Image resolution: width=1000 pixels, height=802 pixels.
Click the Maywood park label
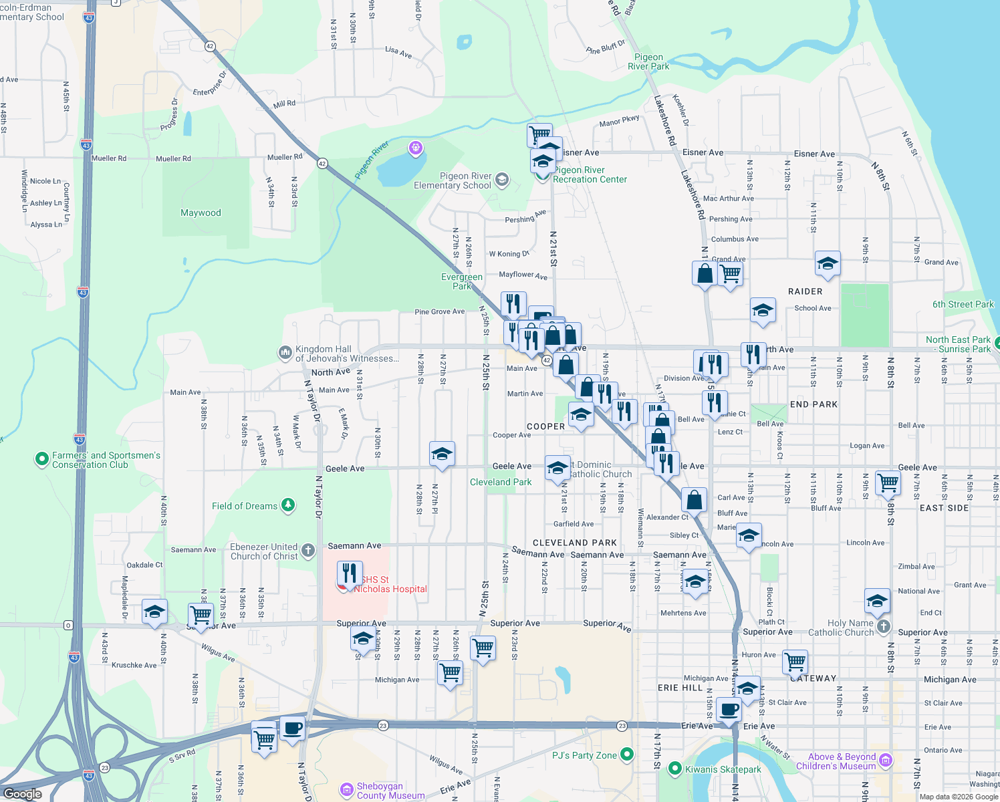(201, 213)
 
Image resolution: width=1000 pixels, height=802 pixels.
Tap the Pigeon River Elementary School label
(453, 180)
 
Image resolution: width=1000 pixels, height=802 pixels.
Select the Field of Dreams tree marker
(288, 505)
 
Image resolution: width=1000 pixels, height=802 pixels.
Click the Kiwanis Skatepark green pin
(674, 769)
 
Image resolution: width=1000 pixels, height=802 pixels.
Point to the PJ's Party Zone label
(584, 755)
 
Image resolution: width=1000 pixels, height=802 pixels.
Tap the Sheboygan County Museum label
(390, 791)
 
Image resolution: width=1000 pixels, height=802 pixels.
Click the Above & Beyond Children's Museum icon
(886, 760)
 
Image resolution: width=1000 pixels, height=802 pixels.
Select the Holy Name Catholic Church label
(841, 627)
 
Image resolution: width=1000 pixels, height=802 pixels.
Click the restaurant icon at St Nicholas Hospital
(350, 573)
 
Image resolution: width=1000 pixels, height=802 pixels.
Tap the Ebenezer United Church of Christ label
(264, 551)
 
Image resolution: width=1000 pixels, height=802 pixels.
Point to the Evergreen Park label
(462, 281)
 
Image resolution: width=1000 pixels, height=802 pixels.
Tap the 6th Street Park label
(963, 304)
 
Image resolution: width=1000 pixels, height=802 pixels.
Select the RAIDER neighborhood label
(805, 291)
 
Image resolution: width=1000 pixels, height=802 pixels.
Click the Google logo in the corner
(23, 793)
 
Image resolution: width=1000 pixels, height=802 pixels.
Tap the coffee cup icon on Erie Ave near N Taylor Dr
(292, 727)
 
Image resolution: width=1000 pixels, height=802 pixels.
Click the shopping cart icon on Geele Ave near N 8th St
(888, 481)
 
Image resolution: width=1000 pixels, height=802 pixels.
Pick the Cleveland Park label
(501, 482)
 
